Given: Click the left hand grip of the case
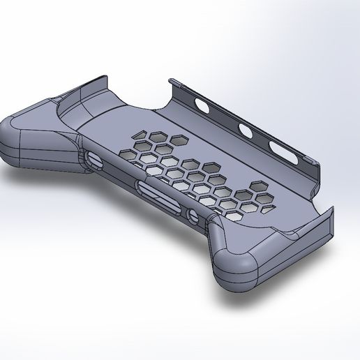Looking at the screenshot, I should click(x=28, y=143).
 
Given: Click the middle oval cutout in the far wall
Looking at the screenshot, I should click(x=246, y=129).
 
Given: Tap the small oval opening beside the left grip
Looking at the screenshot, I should click(x=94, y=160).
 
